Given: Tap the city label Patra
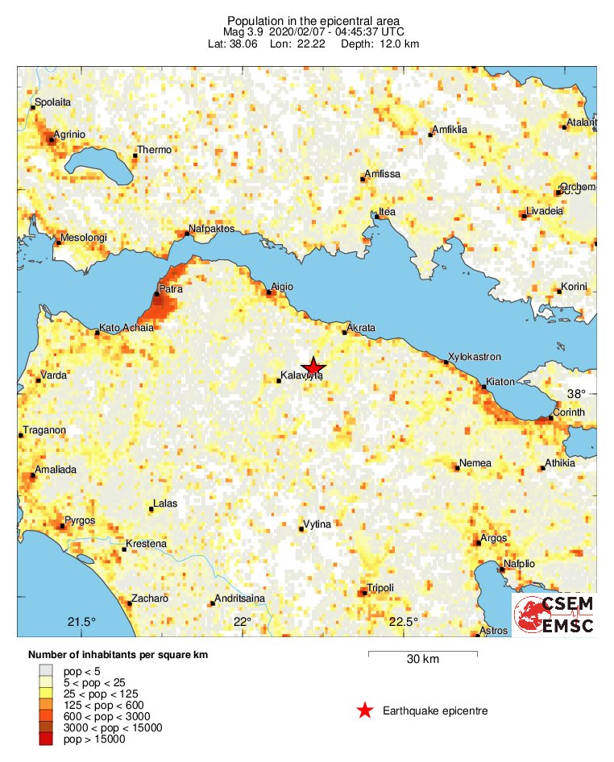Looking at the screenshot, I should click(171, 288).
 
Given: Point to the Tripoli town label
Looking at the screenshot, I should click(380, 587).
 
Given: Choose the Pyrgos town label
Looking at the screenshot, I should click(80, 520).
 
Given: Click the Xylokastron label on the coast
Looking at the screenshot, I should click(475, 356).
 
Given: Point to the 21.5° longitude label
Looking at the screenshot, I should click(81, 621).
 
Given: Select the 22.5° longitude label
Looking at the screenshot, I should click(404, 621).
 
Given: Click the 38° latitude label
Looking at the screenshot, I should click(575, 394).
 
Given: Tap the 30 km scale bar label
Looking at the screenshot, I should click(422, 660).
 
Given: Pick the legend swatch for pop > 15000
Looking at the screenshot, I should click(47, 739).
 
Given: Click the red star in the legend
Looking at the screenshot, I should click(365, 710).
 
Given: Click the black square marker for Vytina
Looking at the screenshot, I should click(301, 529).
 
